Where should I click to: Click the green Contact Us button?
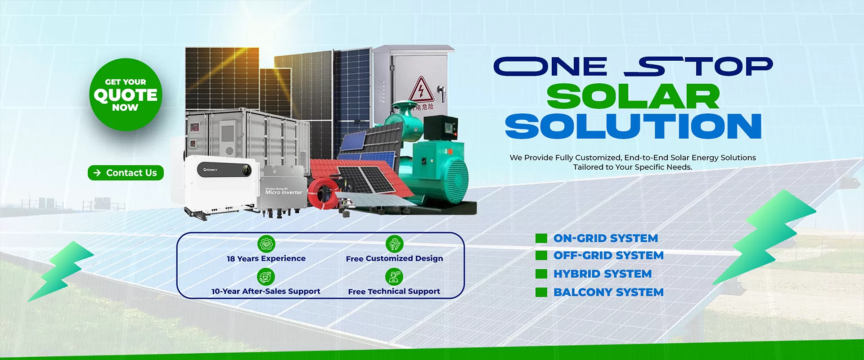(126, 173)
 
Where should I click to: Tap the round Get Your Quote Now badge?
(126, 94)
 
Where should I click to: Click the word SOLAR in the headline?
(633, 97)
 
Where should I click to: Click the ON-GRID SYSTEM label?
(605, 238)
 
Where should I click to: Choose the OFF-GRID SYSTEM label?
(608, 256)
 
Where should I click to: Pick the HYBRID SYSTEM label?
(602, 274)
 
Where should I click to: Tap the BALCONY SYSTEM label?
(608, 292)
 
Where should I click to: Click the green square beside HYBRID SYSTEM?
(541, 274)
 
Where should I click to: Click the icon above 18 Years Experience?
(266, 244)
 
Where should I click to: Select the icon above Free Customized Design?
(394, 244)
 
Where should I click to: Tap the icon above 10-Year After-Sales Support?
(266, 277)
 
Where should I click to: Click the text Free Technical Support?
(394, 292)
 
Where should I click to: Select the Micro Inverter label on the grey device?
(283, 192)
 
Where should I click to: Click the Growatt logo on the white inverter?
(210, 170)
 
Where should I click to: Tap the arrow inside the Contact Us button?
(97, 173)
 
